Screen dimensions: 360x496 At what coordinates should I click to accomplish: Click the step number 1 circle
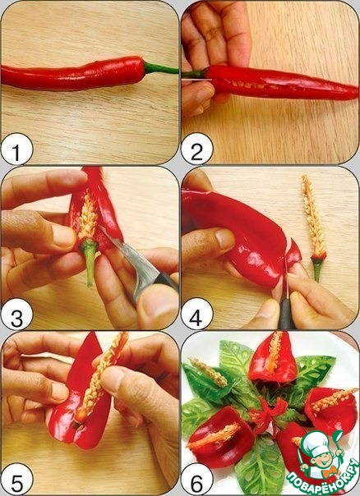(x=16, y=149)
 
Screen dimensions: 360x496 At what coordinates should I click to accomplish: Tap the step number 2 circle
(x=196, y=149)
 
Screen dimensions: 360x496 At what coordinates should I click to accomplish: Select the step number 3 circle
(x=16, y=315)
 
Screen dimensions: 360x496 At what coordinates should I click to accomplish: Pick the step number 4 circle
(x=196, y=315)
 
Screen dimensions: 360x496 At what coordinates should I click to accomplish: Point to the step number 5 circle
(x=16, y=479)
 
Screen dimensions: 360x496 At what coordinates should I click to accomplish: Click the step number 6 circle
(x=196, y=480)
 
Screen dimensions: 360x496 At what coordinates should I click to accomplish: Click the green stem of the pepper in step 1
(x=160, y=68)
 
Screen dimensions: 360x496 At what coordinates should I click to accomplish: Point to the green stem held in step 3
(x=90, y=259)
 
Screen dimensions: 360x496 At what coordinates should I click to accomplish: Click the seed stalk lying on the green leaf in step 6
(x=208, y=372)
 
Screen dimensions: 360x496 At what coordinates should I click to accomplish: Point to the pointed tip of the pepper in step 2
(x=358, y=94)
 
